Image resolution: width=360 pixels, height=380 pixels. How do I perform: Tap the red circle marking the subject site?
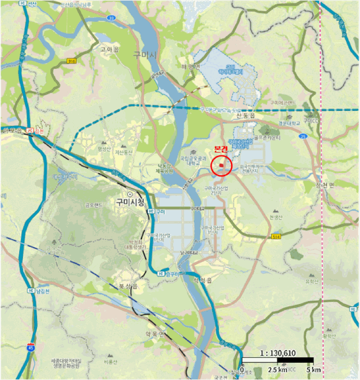[x=222, y=165]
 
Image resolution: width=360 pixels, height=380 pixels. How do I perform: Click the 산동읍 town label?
[x=246, y=116]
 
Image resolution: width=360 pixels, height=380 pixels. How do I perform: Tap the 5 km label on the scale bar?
[x=313, y=370]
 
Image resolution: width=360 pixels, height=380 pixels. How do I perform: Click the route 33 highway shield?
[x=110, y=18]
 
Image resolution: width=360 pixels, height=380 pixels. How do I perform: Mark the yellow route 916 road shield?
[x=72, y=61]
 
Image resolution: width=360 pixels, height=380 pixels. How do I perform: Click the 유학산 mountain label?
[x=311, y=281]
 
